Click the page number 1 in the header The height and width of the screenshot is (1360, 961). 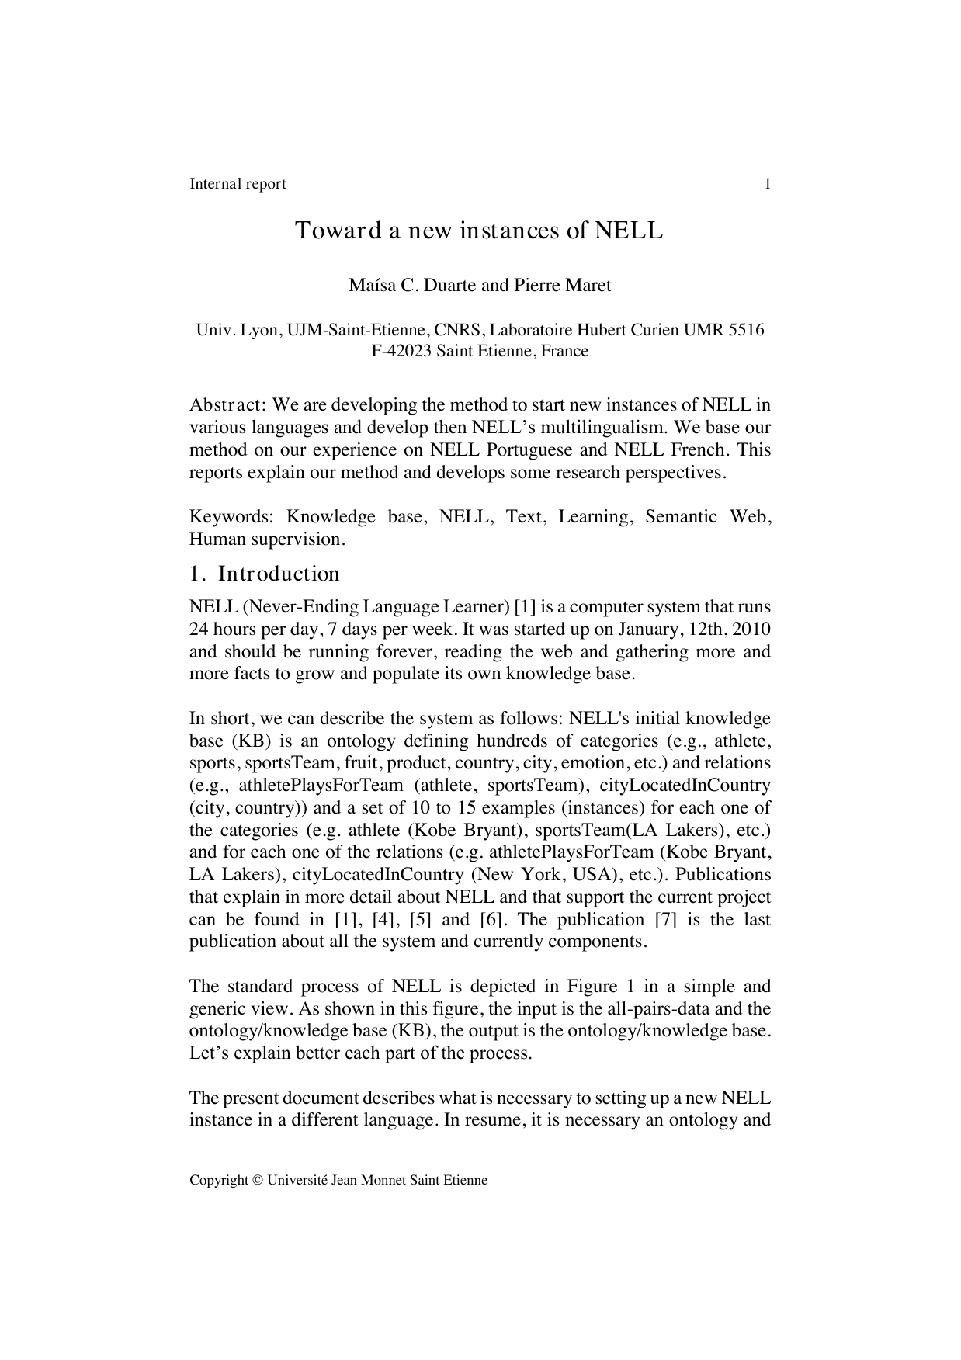coord(767,184)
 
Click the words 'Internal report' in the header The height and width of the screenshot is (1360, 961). coord(238,184)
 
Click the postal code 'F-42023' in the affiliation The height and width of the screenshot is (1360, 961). coord(401,351)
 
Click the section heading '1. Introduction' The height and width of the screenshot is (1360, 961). coord(264,574)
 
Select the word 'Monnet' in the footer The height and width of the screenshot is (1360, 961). coord(383,1181)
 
